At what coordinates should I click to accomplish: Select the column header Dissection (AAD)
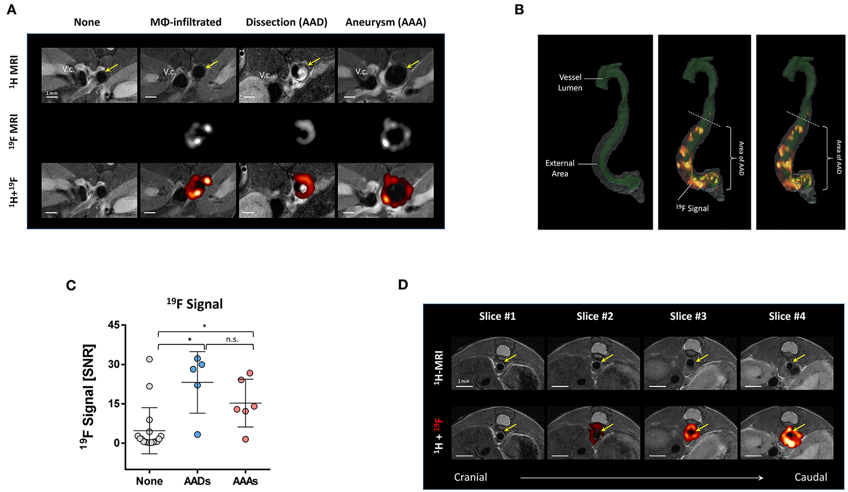tap(286, 22)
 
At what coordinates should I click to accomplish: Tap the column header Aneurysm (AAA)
tap(386, 22)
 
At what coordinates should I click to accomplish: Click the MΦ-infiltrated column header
tap(186, 22)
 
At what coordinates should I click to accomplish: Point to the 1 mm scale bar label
tap(52, 93)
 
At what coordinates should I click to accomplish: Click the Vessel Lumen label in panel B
tap(570, 82)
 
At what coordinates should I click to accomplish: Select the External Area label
tap(559, 168)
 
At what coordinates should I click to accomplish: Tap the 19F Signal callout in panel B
tap(692, 208)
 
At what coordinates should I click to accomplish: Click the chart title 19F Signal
tap(195, 304)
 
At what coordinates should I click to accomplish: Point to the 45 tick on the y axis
tap(113, 325)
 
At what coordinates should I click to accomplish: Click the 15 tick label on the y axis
tap(113, 404)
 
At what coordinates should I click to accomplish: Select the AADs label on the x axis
tap(197, 481)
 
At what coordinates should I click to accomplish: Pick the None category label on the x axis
tap(149, 481)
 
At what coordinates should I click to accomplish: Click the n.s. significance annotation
tap(232, 339)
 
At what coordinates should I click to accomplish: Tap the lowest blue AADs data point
tap(197, 435)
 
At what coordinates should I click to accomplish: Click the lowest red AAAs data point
tap(245, 439)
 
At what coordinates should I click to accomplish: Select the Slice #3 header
tap(688, 316)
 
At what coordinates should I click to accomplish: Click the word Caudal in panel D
tap(811, 477)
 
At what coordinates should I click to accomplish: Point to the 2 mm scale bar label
tap(463, 382)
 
